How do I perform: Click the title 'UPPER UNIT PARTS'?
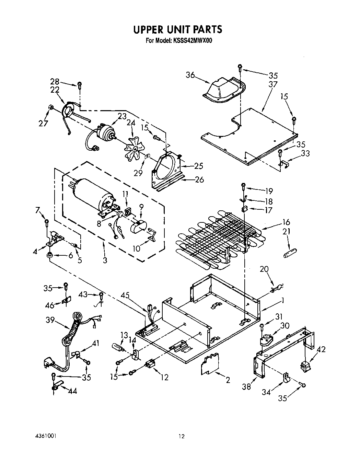177,30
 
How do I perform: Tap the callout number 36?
191,75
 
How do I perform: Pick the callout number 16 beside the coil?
286,222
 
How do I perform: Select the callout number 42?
321,350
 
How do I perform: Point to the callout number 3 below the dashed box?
105,260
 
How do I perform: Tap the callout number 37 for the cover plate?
273,84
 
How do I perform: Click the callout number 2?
228,380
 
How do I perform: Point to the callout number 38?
246,387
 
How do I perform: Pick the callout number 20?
265,269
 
